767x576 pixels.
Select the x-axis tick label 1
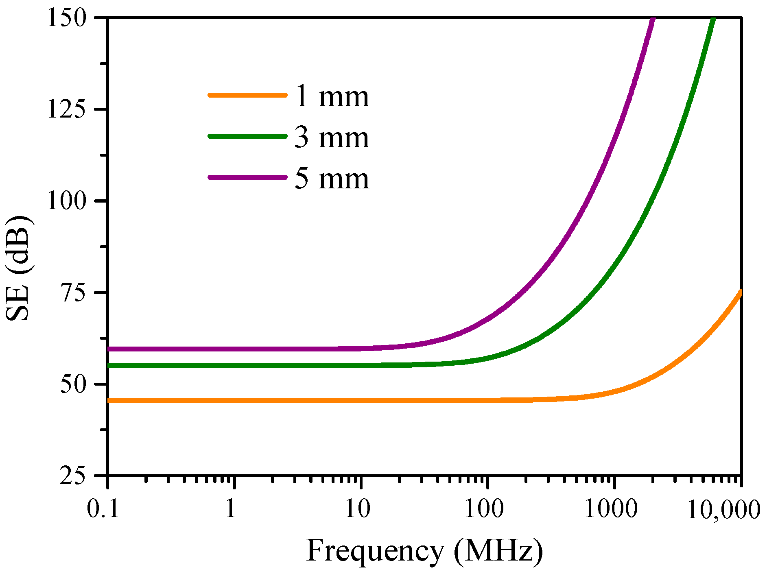point(231,508)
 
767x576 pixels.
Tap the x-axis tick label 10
point(358,508)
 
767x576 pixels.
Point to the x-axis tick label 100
point(484,508)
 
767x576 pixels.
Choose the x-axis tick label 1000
point(611,508)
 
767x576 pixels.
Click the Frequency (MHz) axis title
point(424,551)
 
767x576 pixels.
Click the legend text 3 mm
point(332,137)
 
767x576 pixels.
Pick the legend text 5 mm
point(332,179)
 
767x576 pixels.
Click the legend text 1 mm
point(332,97)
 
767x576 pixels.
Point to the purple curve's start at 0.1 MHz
point(109,349)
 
